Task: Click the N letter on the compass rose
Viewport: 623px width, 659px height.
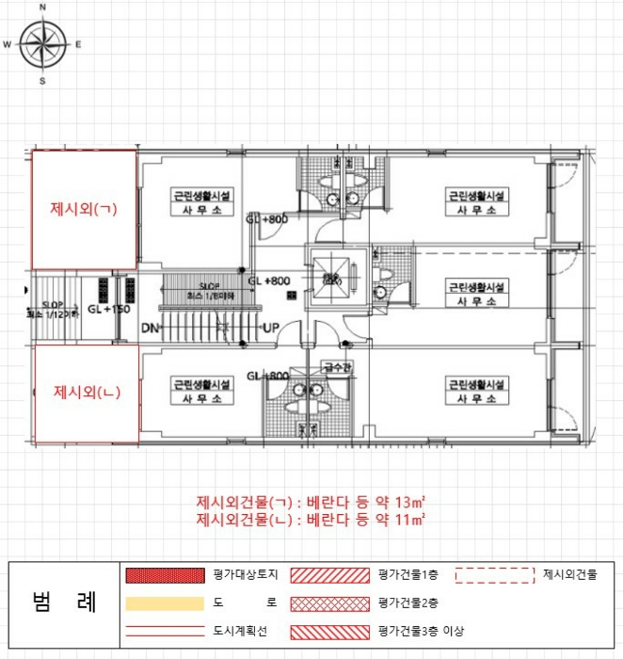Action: coord(41,8)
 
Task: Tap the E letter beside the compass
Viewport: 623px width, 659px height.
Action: coord(78,44)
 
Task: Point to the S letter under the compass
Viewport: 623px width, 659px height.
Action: coord(42,81)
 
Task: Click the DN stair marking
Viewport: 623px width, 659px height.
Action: coord(149,329)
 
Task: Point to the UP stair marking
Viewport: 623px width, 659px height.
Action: coord(270,329)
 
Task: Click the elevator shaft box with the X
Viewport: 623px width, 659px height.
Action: coord(331,278)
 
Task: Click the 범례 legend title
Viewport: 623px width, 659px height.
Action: coord(63,603)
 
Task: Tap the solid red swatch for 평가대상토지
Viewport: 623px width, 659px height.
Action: coord(164,574)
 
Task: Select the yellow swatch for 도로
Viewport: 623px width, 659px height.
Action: coord(164,603)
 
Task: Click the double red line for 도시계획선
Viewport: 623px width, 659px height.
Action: coord(164,631)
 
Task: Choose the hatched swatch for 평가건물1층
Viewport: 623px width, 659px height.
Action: coord(329,574)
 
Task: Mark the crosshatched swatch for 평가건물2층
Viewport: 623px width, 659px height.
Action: coord(329,603)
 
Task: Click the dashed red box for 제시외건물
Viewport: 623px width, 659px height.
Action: coord(495,573)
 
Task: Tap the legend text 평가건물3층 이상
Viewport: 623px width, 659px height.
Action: coord(421,631)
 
